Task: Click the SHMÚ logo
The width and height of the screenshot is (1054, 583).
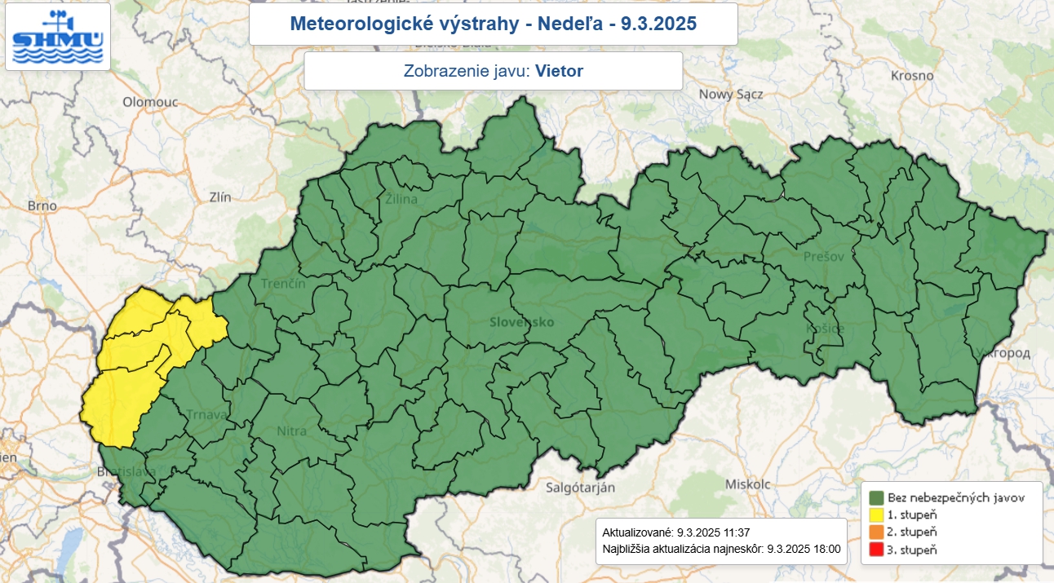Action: (x=58, y=37)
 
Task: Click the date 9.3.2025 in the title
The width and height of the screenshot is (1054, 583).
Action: (x=658, y=24)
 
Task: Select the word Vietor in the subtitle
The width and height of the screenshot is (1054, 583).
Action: (x=560, y=71)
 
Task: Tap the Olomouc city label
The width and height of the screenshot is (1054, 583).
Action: (x=150, y=102)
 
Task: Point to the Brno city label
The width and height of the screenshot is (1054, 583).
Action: (x=42, y=205)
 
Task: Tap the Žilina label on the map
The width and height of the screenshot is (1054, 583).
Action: (x=401, y=199)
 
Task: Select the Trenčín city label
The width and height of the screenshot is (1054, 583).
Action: (x=283, y=284)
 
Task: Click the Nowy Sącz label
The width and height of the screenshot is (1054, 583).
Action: (x=730, y=94)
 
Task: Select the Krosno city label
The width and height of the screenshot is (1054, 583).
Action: (x=913, y=75)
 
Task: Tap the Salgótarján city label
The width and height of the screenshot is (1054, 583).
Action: (x=579, y=488)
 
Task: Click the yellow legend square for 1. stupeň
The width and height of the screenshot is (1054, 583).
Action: (x=877, y=515)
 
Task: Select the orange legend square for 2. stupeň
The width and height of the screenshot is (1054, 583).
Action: (x=877, y=532)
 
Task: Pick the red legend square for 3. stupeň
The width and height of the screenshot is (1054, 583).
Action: (x=877, y=550)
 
